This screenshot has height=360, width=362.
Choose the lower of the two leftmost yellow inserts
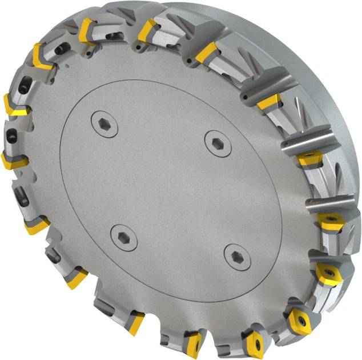(11, 161)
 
